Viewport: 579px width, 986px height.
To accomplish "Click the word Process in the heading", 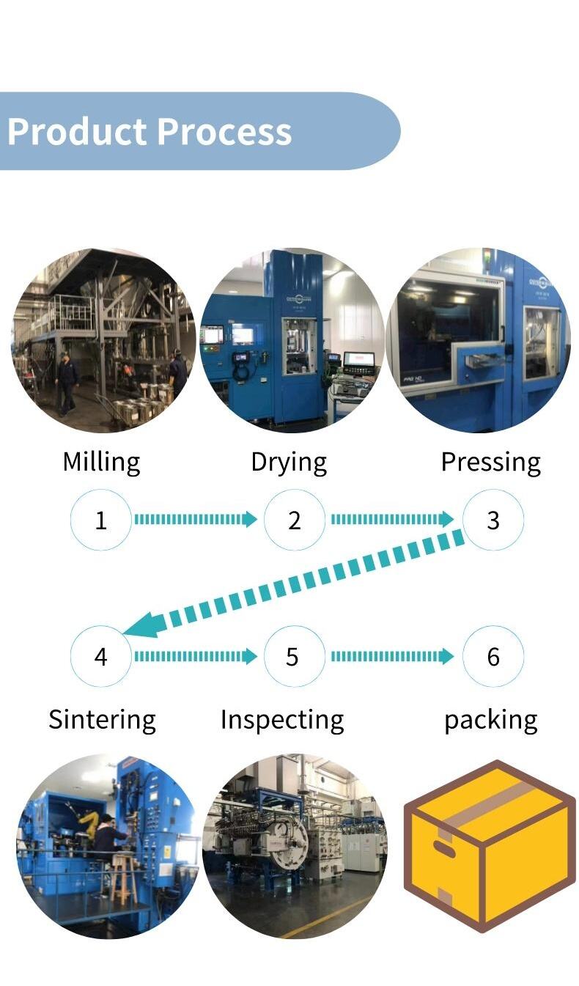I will click(x=224, y=132).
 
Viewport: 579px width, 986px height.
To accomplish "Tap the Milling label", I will click(x=101, y=462).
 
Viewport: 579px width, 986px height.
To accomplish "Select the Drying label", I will click(x=289, y=463).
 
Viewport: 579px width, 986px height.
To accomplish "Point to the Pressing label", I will click(x=490, y=463).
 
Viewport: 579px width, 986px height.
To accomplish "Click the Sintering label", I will click(x=102, y=719).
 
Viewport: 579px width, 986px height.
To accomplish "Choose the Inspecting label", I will click(x=282, y=720).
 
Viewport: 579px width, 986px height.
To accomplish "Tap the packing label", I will click(x=490, y=720).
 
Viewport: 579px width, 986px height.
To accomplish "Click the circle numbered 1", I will click(x=101, y=520).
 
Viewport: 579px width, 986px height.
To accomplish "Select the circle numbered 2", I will click(x=295, y=520).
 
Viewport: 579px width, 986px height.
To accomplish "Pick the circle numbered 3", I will click(x=493, y=520).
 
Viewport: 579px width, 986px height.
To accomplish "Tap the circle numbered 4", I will click(x=101, y=656).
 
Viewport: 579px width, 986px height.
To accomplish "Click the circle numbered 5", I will click(x=292, y=656).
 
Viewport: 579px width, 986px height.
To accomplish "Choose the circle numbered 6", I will click(x=493, y=656).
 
